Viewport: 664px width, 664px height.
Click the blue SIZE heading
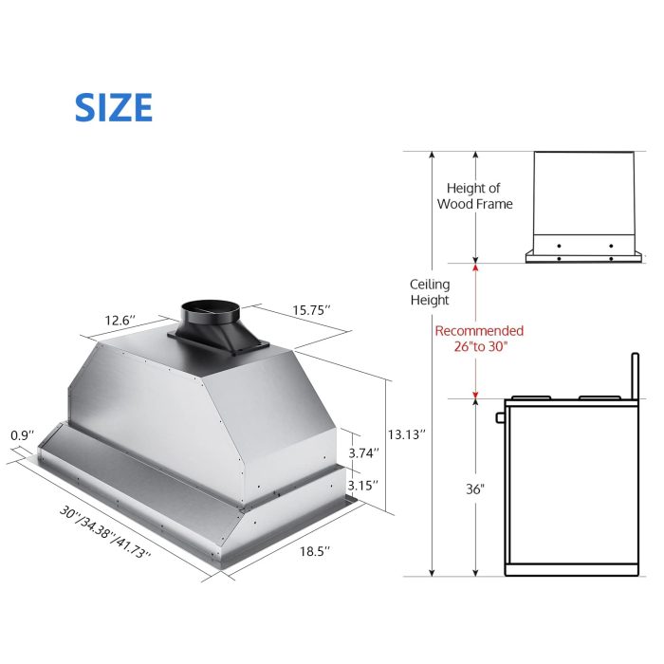click(113, 108)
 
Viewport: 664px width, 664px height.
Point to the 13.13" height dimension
click(407, 433)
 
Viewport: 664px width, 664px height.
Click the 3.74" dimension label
click(363, 453)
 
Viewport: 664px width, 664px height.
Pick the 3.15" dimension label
click(363, 485)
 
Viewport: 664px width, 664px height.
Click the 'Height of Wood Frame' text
click(474, 196)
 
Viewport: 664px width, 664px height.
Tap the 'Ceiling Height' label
click(430, 292)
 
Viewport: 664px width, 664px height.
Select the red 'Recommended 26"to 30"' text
click(478, 339)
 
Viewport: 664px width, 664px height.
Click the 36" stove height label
click(475, 489)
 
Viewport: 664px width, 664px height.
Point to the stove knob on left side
click(499, 417)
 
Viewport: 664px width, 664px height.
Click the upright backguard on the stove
click(633, 376)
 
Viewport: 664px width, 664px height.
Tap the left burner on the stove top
click(529, 397)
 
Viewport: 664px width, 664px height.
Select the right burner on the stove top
click(596, 397)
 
